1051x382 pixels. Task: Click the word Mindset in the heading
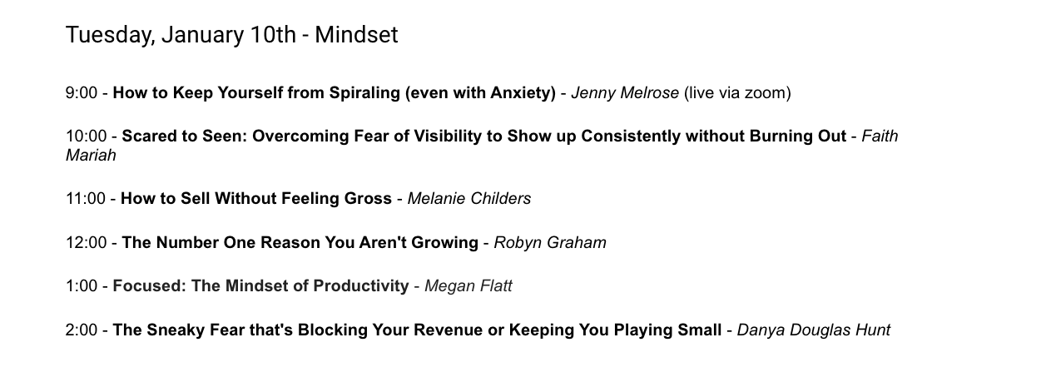(356, 35)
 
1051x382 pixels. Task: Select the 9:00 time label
(82, 93)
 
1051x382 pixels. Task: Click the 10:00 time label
(87, 136)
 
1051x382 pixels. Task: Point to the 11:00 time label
(86, 199)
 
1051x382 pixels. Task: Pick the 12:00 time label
(87, 243)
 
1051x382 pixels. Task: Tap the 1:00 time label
(82, 285)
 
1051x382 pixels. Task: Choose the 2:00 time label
(82, 330)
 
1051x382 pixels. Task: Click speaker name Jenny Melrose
(625, 93)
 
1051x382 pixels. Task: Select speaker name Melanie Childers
(469, 199)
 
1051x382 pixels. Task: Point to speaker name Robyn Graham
(550, 243)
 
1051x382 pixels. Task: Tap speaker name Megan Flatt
(468, 286)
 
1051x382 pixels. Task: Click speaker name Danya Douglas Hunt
(814, 330)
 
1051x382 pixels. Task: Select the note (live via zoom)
(737, 93)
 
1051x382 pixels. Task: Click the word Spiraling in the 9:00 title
(364, 93)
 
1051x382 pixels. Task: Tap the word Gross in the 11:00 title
(368, 199)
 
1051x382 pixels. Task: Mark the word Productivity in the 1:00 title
(361, 286)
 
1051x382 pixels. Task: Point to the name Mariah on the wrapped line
(91, 156)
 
